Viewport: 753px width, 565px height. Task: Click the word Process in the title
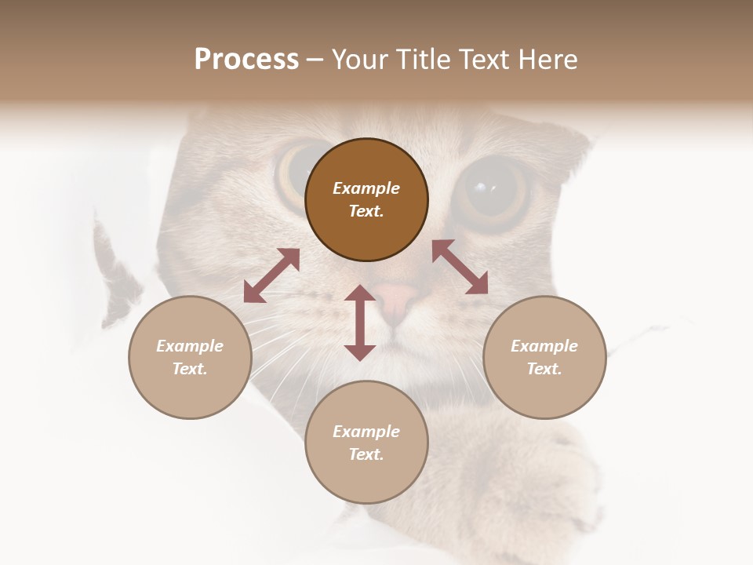tap(246, 60)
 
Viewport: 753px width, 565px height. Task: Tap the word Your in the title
tap(360, 60)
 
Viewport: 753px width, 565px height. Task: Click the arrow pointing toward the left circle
tap(271, 275)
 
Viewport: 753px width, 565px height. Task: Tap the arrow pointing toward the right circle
tap(460, 267)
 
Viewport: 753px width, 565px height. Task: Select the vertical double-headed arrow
tap(360, 323)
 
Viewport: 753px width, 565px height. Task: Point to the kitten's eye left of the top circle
tap(294, 168)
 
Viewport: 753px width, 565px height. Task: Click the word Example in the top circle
tap(366, 188)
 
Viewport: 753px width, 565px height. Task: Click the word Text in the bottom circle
tap(366, 454)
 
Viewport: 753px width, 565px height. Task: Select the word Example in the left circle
tap(190, 346)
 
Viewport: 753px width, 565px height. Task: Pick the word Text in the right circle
tap(544, 369)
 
